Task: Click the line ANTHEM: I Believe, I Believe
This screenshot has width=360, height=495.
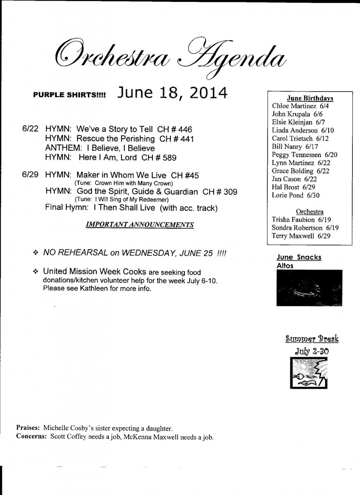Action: coord(100,148)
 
